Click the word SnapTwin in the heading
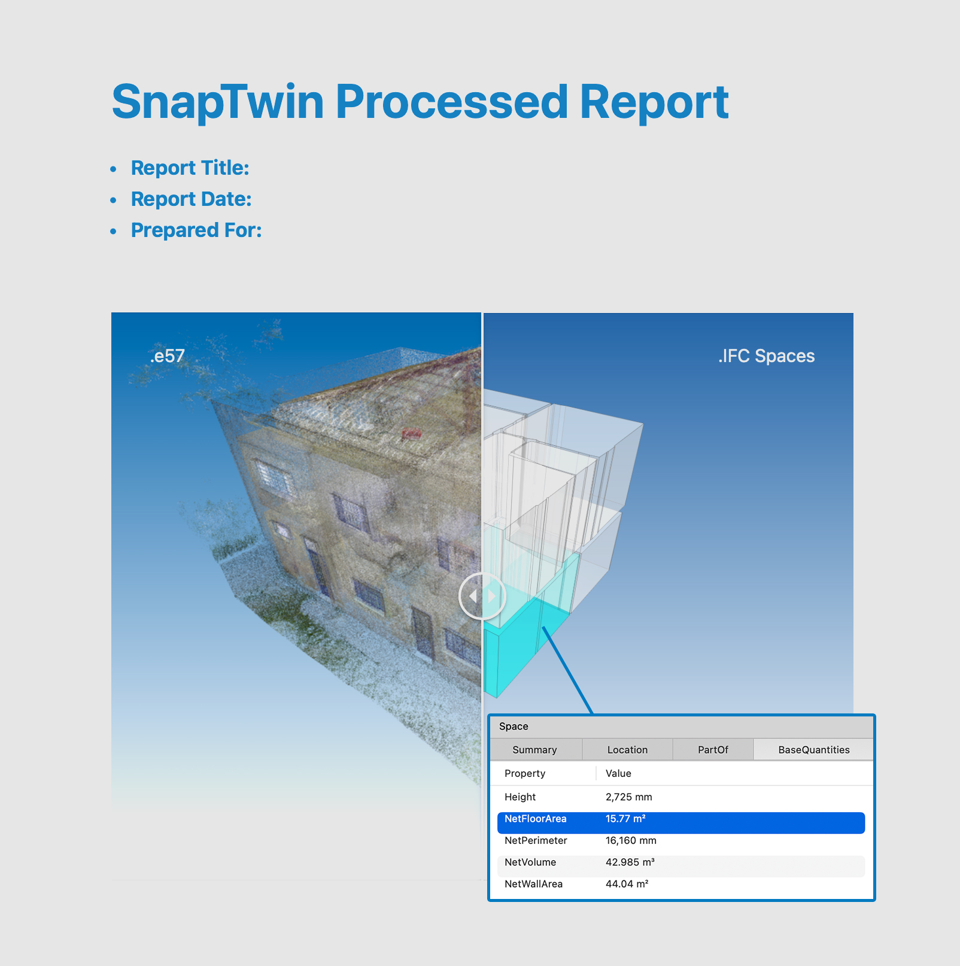218,102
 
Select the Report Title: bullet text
190,168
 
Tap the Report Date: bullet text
191,199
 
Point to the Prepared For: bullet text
196,230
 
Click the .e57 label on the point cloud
167,356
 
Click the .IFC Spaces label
766,356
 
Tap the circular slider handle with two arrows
482,596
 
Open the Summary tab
535,750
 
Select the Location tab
627,750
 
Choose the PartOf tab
713,750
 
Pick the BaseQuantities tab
813,750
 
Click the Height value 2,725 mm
628,797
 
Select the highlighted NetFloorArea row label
535,819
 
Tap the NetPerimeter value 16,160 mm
631,840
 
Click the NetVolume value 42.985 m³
630,862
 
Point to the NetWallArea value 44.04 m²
627,884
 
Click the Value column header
618,773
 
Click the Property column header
525,774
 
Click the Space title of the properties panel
514,727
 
